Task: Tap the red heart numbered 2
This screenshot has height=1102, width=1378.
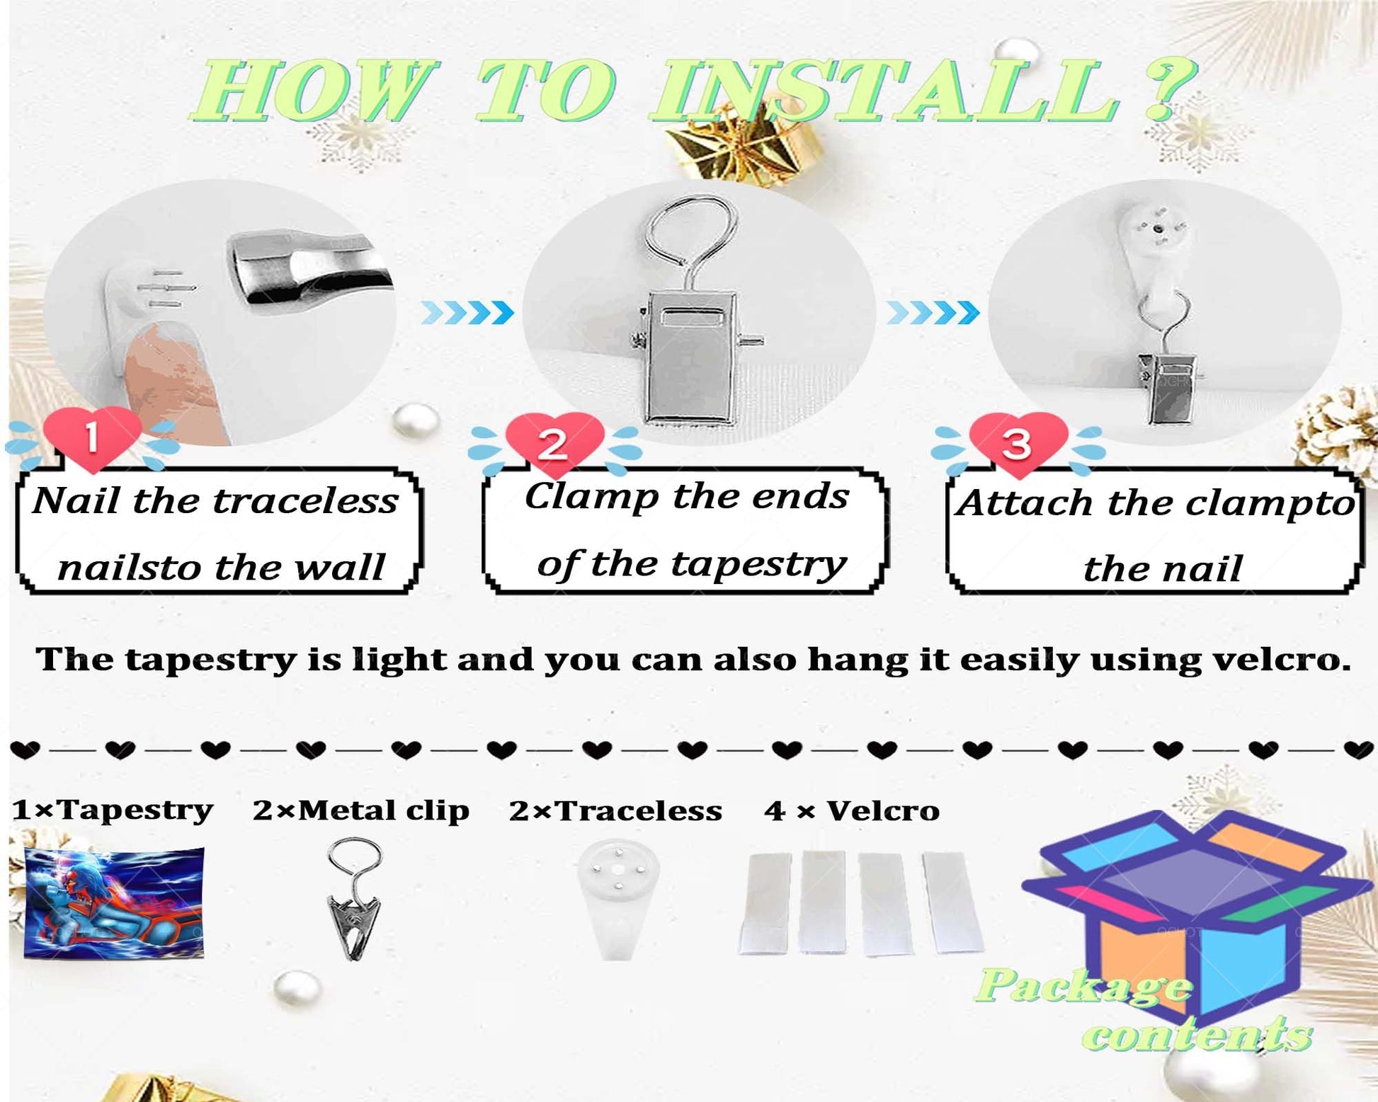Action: (554, 444)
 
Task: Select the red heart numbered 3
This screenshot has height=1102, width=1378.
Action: (1018, 444)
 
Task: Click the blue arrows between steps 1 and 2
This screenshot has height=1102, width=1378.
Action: (467, 312)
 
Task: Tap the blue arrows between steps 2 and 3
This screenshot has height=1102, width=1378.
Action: (933, 312)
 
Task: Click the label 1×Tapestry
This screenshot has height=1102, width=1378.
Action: (113, 810)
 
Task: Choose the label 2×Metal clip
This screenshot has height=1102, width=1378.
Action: (361, 810)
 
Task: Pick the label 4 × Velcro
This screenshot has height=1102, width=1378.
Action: (852, 810)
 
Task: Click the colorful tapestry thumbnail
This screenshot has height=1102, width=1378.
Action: (114, 903)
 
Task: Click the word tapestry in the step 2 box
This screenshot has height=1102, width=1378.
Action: (758, 565)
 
